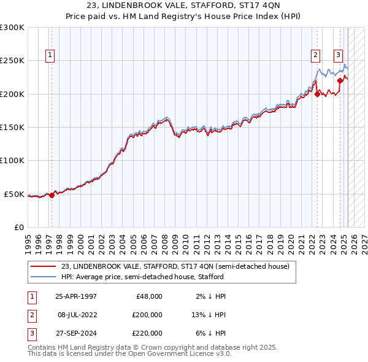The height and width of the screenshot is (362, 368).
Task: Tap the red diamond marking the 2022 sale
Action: click(318, 94)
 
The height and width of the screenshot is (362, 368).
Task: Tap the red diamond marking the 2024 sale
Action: click(340, 80)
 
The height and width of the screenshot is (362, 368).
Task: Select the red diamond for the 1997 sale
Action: click(52, 195)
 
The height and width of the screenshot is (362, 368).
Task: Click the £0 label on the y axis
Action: click(18, 228)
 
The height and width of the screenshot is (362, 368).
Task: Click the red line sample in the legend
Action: click(43, 266)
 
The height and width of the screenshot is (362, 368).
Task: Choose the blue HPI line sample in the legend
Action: click(43, 277)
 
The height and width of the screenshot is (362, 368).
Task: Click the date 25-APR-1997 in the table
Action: click(76, 296)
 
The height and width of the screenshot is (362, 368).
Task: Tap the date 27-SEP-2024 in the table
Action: click(76, 333)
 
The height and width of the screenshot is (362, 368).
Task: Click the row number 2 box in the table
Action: click(31, 315)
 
